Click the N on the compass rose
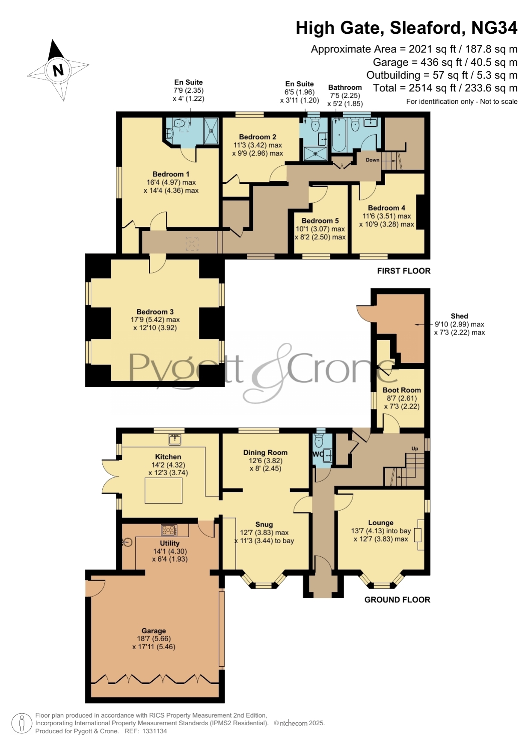(x=58, y=70)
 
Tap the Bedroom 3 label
(x=155, y=312)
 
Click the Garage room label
(x=154, y=631)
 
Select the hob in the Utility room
(x=169, y=530)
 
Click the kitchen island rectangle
(x=163, y=491)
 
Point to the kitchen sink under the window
(x=175, y=439)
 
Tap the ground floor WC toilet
(x=318, y=440)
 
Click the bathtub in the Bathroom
(x=339, y=135)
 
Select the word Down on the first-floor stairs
(x=372, y=160)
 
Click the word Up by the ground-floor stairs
(x=415, y=449)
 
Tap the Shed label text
(x=459, y=316)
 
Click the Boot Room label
(x=402, y=390)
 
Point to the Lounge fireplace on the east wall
(x=421, y=535)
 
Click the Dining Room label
(x=265, y=453)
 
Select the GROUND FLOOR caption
(x=397, y=600)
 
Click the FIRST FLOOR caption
(x=403, y=271)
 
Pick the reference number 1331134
(x=154, y=731)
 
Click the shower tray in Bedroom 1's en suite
(x=211, y=131)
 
